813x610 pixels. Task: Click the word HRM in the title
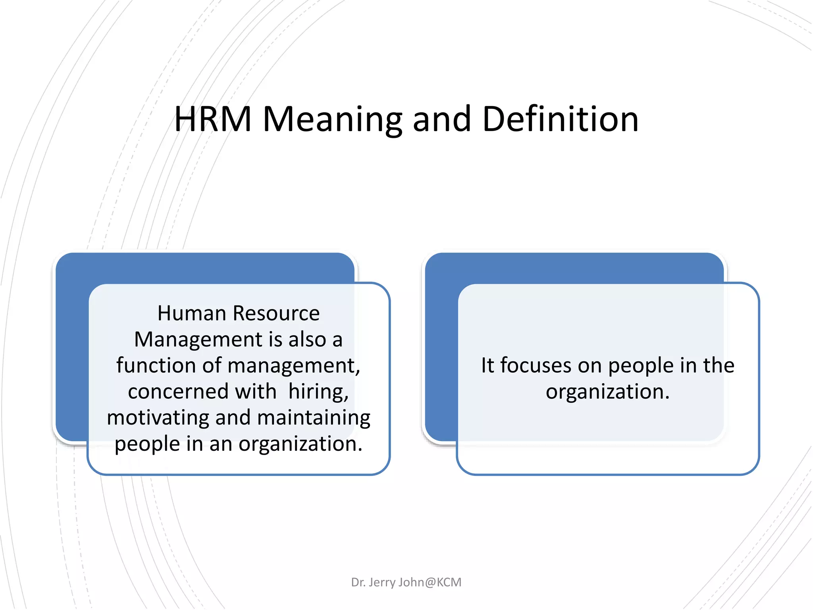tap(213, 119)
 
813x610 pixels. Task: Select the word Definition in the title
tap(560, 119)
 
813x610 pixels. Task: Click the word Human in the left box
tap(192, 313)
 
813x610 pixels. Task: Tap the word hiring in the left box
tap(318, 392)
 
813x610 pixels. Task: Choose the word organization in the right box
tap(607, 392)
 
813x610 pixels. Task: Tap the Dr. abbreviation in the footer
tap(358, 582)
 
